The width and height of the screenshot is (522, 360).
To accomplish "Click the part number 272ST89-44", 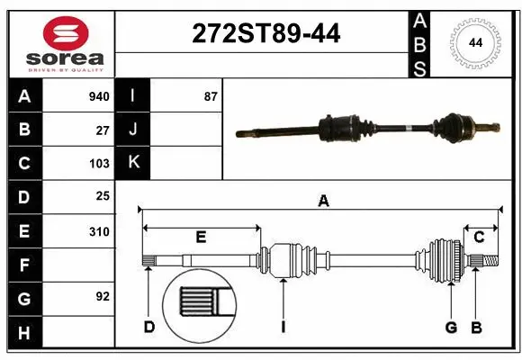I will tap(266, 34).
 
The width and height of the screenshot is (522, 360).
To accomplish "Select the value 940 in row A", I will tap(99, 96).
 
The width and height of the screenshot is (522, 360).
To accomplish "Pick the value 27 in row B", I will tap(103, 130).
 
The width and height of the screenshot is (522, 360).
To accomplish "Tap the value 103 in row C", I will tap(99, 164).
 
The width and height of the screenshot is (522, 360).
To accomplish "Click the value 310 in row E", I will tap(99, 231).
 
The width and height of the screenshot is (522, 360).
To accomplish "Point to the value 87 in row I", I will tap(211, 96).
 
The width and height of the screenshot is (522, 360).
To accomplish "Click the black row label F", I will tap(23, 265).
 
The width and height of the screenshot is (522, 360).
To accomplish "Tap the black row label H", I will tap(23, 333).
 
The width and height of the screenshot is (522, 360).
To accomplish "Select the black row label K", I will tap(133, 163).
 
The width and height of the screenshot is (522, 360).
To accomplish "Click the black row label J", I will tap(133, 130).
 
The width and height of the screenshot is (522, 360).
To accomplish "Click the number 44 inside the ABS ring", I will tap(473, 42).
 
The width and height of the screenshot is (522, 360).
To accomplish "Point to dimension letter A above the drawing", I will tap(323, 202).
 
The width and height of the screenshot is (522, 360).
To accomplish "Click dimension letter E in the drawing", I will tap(201, 238).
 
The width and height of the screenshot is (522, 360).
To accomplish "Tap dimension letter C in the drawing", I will tap(480, 238).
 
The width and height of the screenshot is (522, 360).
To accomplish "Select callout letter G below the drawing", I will tap(451, 327).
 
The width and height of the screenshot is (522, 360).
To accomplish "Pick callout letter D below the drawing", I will tap(149, 327).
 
